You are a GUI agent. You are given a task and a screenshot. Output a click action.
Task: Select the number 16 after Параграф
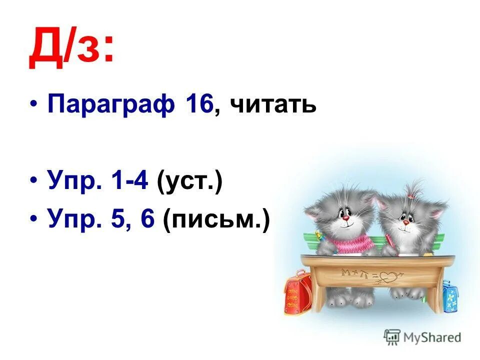tap(199, 104)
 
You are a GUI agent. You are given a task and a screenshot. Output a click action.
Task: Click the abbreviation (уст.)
tap(189, 178)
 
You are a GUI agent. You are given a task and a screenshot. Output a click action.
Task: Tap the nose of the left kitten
tap(344, 217)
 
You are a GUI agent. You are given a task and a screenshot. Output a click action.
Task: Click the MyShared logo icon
tap(392, 337)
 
